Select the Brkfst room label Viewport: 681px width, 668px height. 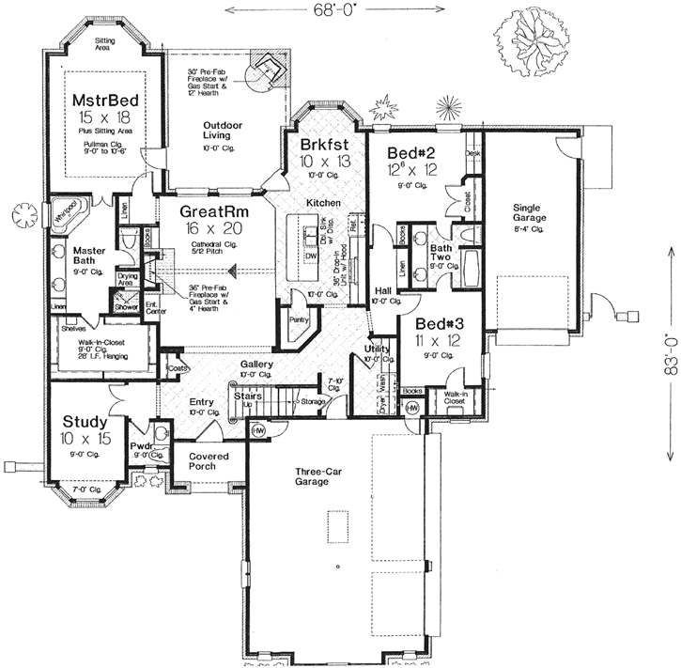325,146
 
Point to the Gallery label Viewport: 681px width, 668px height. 255,364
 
